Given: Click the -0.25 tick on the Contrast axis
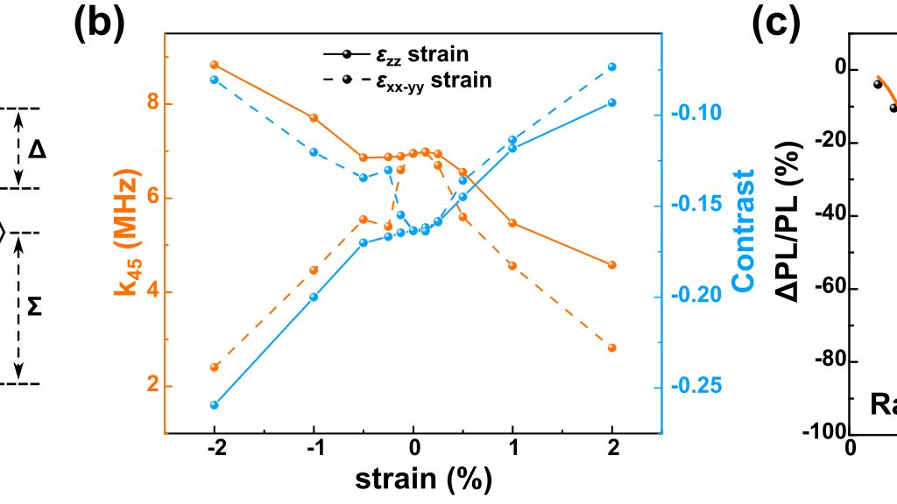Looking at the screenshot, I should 696,387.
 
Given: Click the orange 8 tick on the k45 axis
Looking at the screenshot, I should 151,103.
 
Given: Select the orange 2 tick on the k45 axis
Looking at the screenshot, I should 151,387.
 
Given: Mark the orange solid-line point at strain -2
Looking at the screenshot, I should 214,65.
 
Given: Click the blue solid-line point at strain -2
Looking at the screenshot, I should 214,405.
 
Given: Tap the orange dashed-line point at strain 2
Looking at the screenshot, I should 612,347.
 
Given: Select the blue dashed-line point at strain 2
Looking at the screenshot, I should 612,66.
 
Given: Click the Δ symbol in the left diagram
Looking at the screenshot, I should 37,150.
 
